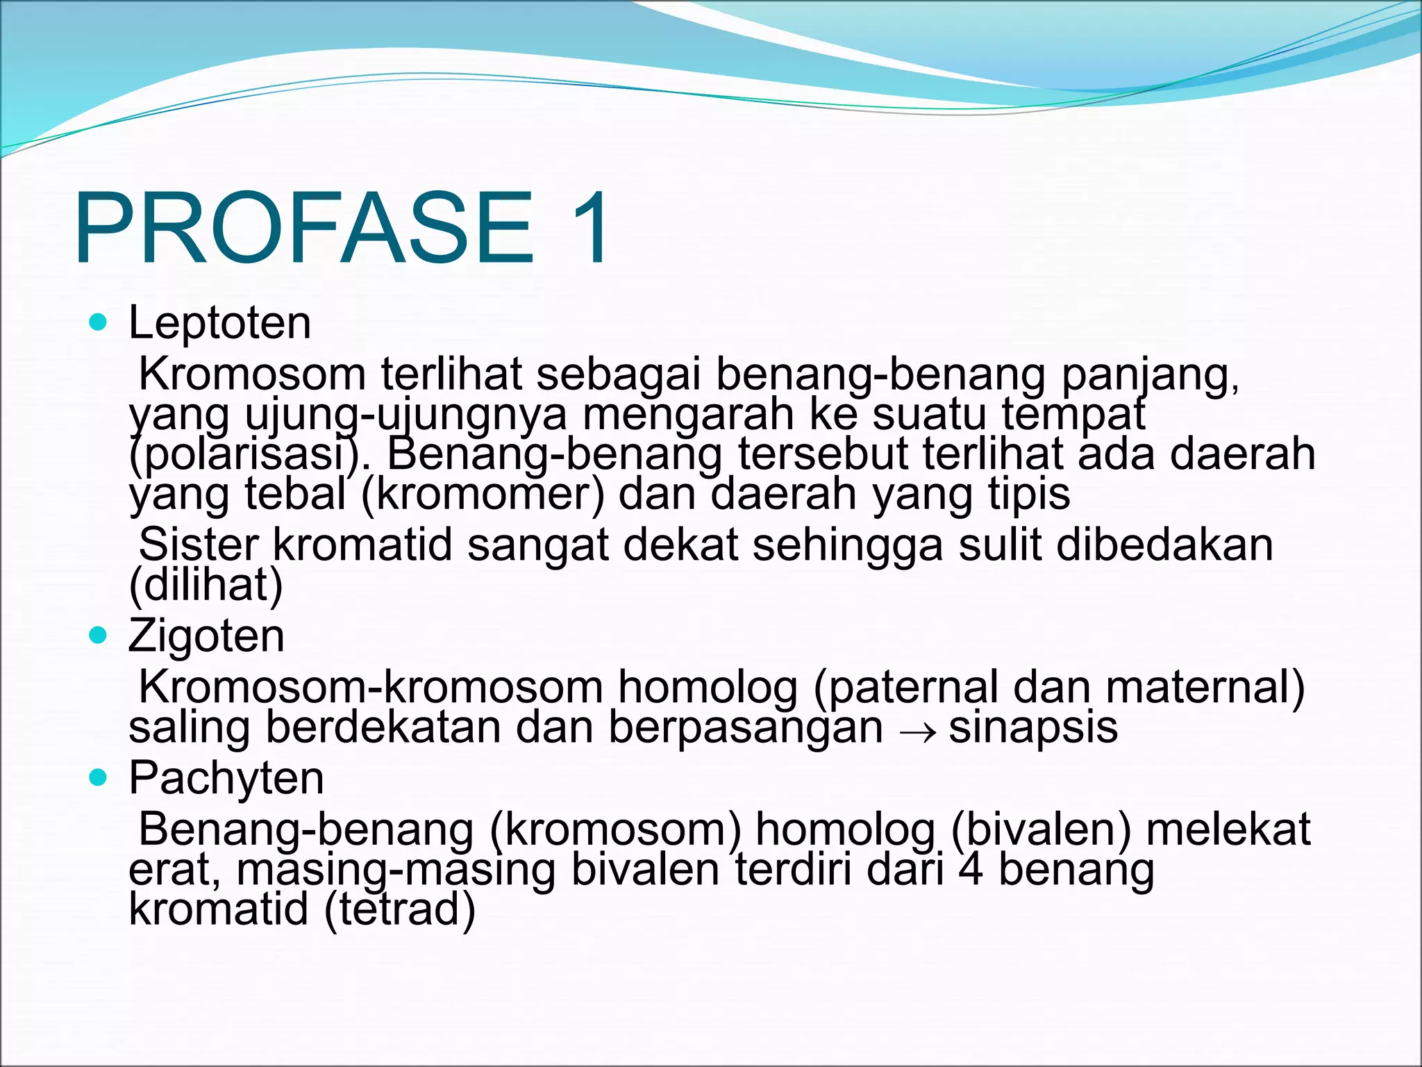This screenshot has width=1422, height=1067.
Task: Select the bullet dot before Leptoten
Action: coord(99,322)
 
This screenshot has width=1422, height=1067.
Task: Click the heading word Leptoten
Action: coord(219,324)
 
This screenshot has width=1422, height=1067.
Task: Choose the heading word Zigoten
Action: coord(206,636)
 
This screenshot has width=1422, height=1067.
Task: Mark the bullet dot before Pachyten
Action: coord(99,777)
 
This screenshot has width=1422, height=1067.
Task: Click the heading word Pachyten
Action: coord(226,779)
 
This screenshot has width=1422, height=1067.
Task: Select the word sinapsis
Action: coord(1032,727)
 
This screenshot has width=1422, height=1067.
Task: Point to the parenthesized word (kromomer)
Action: coord(483,495)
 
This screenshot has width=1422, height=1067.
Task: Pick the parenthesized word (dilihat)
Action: coord(206,585)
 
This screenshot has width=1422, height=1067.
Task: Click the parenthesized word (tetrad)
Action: coord(400,909)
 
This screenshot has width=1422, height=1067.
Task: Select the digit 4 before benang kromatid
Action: coord(970,870)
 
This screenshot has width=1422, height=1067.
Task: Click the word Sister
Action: coord(199,545)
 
